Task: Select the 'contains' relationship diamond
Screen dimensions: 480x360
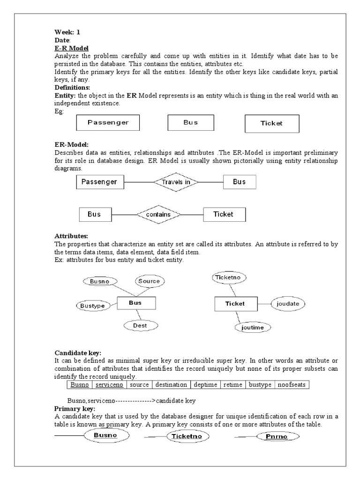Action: pos(159,215)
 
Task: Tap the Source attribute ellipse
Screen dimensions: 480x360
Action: pos(149,281)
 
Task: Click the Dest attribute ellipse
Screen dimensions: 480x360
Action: pos(140,325)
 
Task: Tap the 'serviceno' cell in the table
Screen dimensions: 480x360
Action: pos(109,385)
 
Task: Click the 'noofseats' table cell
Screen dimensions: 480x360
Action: pos(292,385)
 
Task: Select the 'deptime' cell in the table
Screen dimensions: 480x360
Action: pos(205,385)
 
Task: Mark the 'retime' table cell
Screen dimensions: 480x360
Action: pos(233,385)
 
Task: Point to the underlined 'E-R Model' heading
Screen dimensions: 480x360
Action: pos(72,48)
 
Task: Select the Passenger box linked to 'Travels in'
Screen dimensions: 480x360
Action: pos(100,182)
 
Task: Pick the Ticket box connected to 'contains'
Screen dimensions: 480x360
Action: pos(224,215)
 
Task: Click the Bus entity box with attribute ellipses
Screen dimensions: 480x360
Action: pos(135,303)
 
